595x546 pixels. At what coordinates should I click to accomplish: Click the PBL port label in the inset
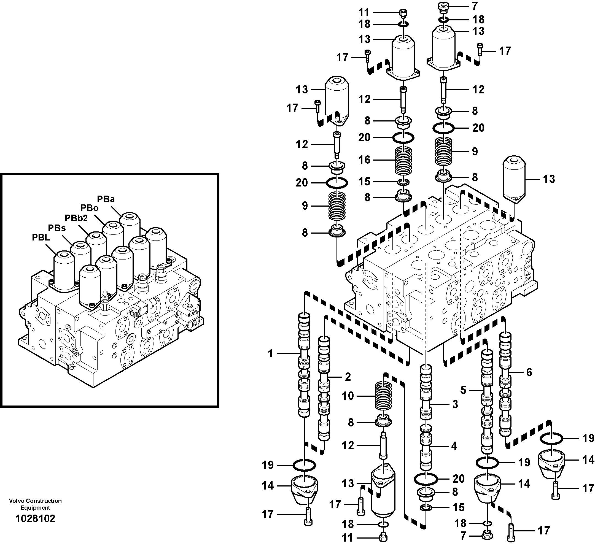[41, 237]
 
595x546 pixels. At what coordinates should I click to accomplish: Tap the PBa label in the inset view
[106, 199]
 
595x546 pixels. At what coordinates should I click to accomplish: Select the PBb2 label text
[76, 218]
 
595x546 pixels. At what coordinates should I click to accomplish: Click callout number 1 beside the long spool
[270, 353]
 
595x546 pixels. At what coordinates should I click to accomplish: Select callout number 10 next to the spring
[348, 396]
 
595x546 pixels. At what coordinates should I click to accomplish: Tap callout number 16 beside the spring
[364, 160]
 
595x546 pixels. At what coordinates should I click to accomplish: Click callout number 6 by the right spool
[529, 372]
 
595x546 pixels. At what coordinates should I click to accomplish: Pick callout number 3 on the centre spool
[455, 404]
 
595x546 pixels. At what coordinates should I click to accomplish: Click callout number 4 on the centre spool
[454, 446]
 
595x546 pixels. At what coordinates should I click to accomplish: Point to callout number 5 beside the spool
[463, 390]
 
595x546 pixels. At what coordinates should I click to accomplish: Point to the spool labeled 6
[505, 384]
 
